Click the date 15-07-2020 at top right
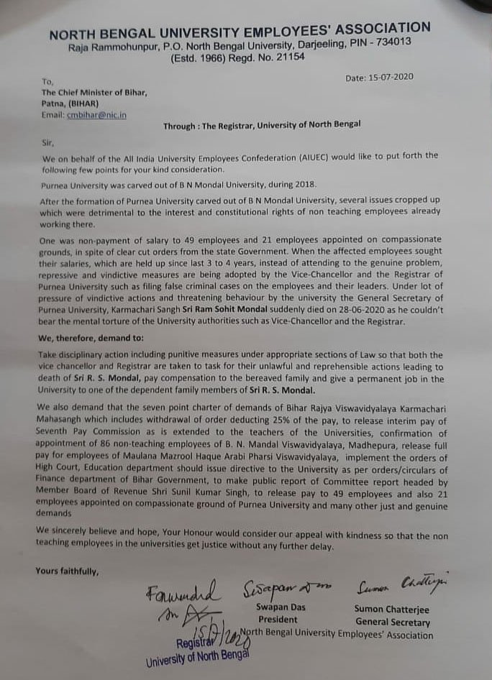389,78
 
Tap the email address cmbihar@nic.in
96,115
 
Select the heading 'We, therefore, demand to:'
94,336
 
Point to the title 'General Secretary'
393,622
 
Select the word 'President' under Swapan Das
278,620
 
